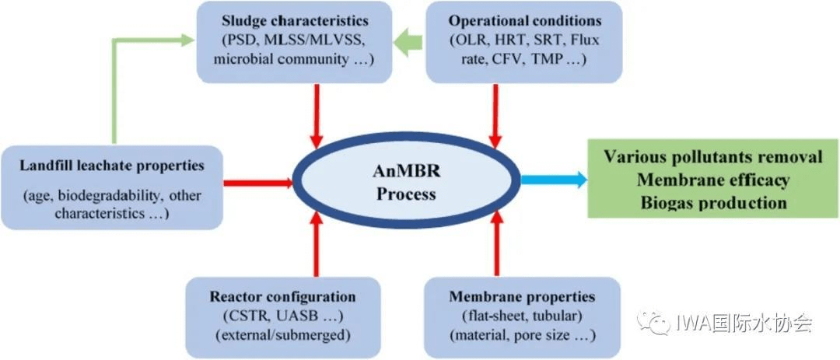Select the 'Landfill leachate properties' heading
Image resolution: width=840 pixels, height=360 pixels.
[114, 165]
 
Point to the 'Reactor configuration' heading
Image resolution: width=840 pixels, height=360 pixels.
[282, 297]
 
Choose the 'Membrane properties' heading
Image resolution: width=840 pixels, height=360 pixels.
[522, 297]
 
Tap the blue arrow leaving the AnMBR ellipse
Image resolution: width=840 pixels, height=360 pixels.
[553, 180]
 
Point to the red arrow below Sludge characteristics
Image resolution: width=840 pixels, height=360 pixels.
[315, 116]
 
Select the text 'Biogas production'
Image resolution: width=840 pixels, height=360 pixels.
[713, 203]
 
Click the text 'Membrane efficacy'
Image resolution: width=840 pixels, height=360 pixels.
[713, 180]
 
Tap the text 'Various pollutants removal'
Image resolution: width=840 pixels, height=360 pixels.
[713, 157]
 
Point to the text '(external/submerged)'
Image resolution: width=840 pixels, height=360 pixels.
[282, 335]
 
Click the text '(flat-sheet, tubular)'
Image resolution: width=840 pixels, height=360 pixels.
[522, 316]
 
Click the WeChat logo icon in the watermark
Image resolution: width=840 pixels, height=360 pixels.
[652, 321]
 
